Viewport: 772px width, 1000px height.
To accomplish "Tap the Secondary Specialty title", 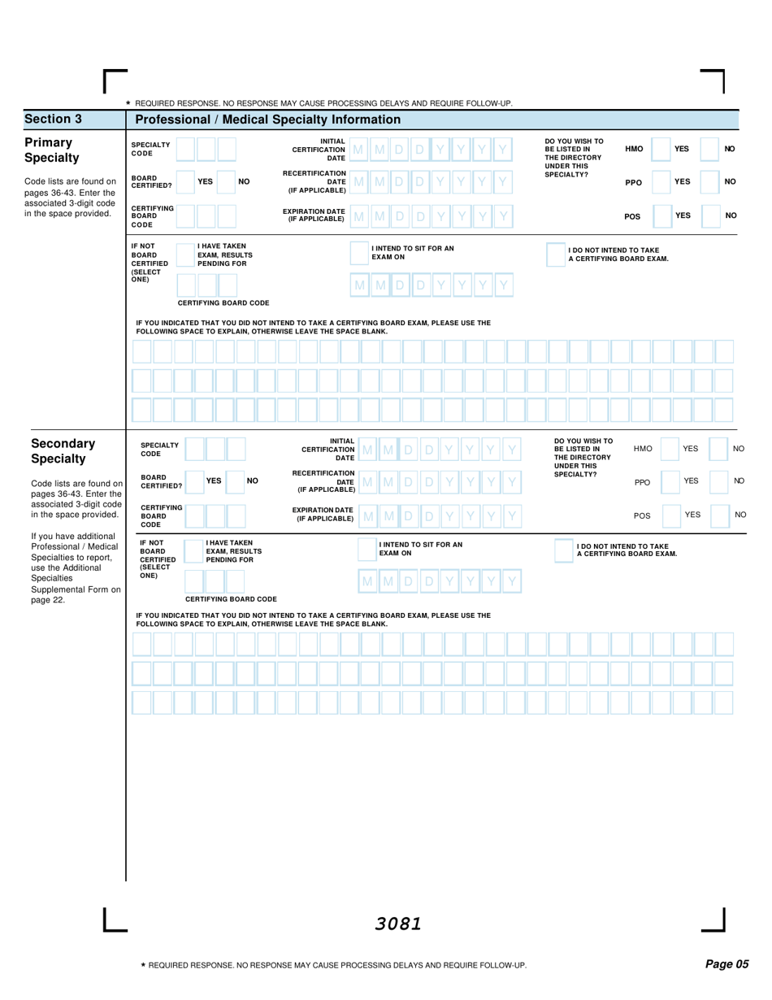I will coord(63,450).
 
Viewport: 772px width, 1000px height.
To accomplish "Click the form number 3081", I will coord(398,923).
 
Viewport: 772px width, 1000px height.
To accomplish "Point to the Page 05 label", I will coord(726,964).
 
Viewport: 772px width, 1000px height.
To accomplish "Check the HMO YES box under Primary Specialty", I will coord(661,149).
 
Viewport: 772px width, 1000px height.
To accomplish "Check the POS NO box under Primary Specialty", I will coord(710,215).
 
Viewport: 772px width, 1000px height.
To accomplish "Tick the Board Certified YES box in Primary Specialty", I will coord(186,183).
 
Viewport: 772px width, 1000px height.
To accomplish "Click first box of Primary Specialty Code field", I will coord(186,149).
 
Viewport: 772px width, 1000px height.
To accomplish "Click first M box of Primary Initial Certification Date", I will coord(359,149).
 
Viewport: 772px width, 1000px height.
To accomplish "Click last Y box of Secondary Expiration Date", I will coord(510,515).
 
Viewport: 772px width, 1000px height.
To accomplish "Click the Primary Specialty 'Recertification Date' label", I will coord(314,182).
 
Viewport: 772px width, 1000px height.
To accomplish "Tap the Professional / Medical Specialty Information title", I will coord(267,120).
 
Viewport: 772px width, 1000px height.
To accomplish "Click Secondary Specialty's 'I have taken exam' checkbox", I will coord(195,549).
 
